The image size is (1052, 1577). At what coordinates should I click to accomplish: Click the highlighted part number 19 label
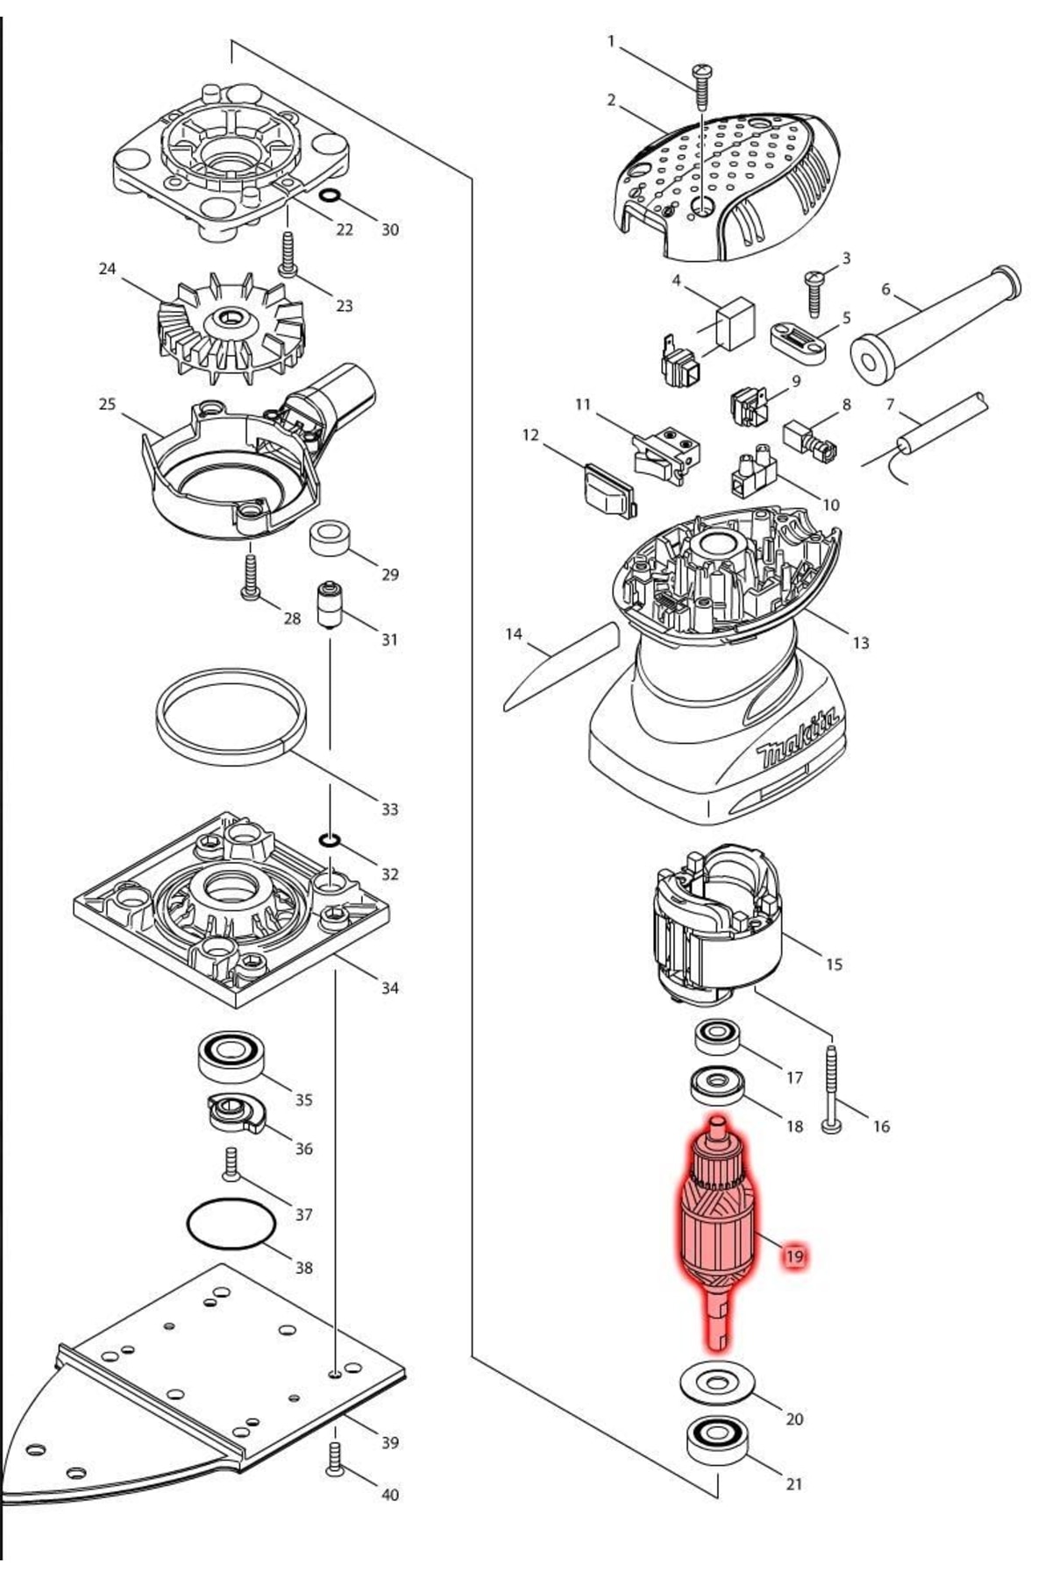(793, 1256)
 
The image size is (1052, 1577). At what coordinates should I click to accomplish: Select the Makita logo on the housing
(797, 741)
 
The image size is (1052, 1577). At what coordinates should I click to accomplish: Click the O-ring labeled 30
(330, 194)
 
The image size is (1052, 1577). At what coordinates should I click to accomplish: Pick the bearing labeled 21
(716, 1439)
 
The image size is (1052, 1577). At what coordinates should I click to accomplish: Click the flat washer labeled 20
(717, 1383)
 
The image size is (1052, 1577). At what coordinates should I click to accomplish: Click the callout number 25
(107, 405)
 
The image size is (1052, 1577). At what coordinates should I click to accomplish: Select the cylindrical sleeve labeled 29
(331, 537)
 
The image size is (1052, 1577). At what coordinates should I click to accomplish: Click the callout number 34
(389, 987)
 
